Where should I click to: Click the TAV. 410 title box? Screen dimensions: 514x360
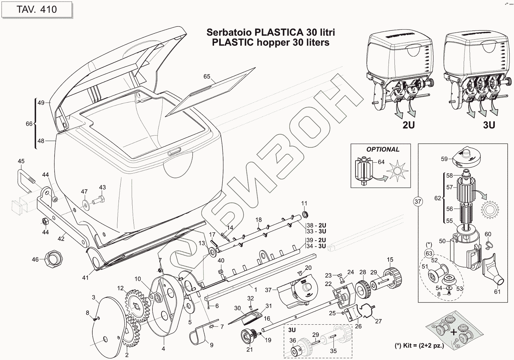(x=37, y=9)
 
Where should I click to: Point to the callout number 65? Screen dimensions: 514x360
(x=207, y=76)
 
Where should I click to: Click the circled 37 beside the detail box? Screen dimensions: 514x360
(x=418, y=202)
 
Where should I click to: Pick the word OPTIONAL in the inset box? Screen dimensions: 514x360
(x=383, y=149)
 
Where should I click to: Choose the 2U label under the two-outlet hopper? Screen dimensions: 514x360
(x=409, y=125)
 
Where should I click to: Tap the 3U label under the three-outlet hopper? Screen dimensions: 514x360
(x=489, y=125)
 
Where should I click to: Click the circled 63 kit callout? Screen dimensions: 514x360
(x=429, y=253)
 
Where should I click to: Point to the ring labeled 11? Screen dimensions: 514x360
(x=305, y=215)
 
